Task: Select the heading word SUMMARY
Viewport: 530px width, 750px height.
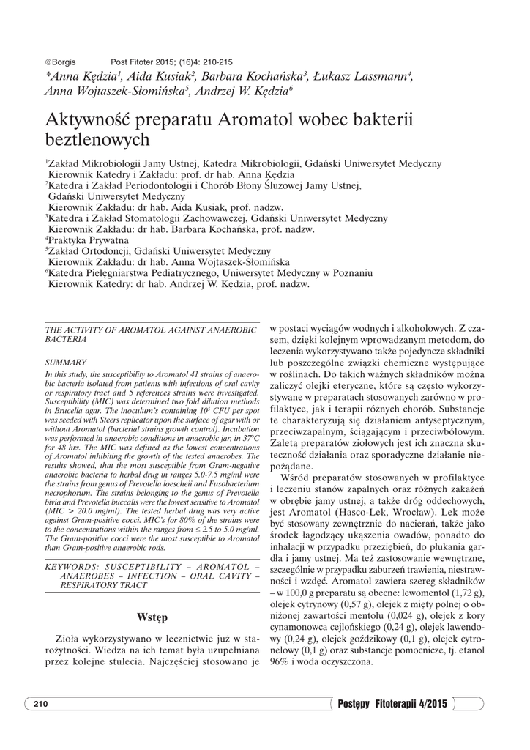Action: [x=66, y=363]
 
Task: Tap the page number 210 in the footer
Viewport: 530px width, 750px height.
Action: [x=40, y=704]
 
